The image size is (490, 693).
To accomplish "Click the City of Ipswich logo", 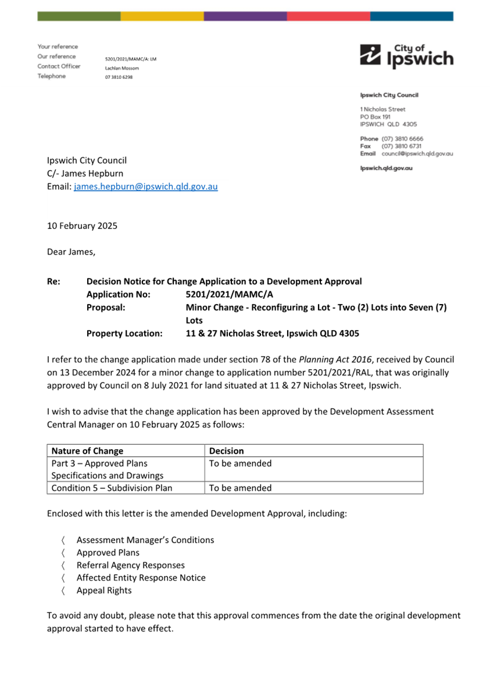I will click(406, 56).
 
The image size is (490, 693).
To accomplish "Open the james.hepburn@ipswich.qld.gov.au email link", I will click(146, 187).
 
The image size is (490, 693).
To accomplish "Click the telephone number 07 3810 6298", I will click(119, 77).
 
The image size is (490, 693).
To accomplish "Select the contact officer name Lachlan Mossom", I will click(122, 68).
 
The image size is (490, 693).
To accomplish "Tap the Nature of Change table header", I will click(87, 451).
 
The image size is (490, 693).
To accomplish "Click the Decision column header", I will click(227, 451).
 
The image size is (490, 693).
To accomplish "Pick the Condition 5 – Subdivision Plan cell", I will click(112, 488).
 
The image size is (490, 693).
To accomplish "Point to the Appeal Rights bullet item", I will click(104, 590).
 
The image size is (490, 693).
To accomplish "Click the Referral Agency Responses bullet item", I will click(130, 565).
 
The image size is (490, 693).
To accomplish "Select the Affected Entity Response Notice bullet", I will click(141, 578).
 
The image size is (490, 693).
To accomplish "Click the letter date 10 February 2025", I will click(82, 226).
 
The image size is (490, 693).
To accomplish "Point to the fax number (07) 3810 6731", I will click(402, 146).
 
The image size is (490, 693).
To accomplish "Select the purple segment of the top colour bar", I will click(245, 16).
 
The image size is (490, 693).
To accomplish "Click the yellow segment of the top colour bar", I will click(162, 16).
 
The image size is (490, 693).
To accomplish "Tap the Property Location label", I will click(124, 334).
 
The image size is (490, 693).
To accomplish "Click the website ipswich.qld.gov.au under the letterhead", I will click(386, 168).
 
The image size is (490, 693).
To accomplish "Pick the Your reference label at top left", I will click(58, 46).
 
